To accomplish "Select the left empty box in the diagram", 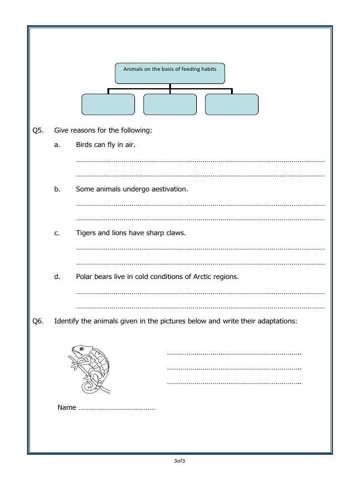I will point(108,104).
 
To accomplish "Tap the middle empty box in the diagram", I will point(170,104).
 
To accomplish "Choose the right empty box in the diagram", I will point(232,104).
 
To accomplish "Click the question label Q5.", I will point(38,130).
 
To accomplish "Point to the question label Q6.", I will point(38,321).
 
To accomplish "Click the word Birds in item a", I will point(85,145).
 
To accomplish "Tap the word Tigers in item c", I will point(86,233).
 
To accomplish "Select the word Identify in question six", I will point(68,321).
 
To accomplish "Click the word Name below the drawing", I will point(67,407).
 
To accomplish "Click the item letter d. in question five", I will point(57,277).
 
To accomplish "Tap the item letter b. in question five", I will point(57,189).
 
